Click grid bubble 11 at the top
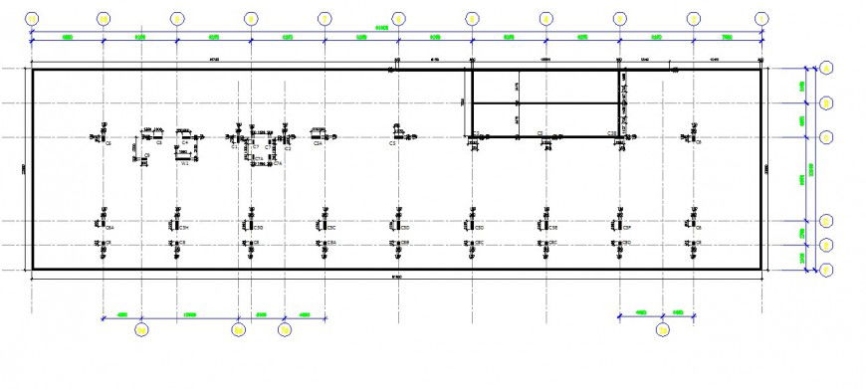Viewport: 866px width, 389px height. [x=32, y=19]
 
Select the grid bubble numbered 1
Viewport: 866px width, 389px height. [x=761, y=19]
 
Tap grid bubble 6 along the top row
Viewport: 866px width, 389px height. [x=398, y=19]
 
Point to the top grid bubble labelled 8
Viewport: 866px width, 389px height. [x=251, y=19]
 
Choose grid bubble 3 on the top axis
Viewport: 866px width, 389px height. [x=619, y=19]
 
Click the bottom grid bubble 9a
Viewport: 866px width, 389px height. [x=141, y=329]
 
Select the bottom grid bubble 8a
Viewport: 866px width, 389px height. [x=238, y=329]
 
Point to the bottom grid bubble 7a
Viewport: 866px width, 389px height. [x=285, y=329]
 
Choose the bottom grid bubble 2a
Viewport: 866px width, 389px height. [x=663, y=329]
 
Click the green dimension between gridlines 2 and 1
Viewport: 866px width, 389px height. [x=727, y=36]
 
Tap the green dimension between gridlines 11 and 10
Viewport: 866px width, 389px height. [x=67, y=36]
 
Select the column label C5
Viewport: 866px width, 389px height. [x=393, y=143]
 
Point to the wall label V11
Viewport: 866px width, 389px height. [x=185, y=162]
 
